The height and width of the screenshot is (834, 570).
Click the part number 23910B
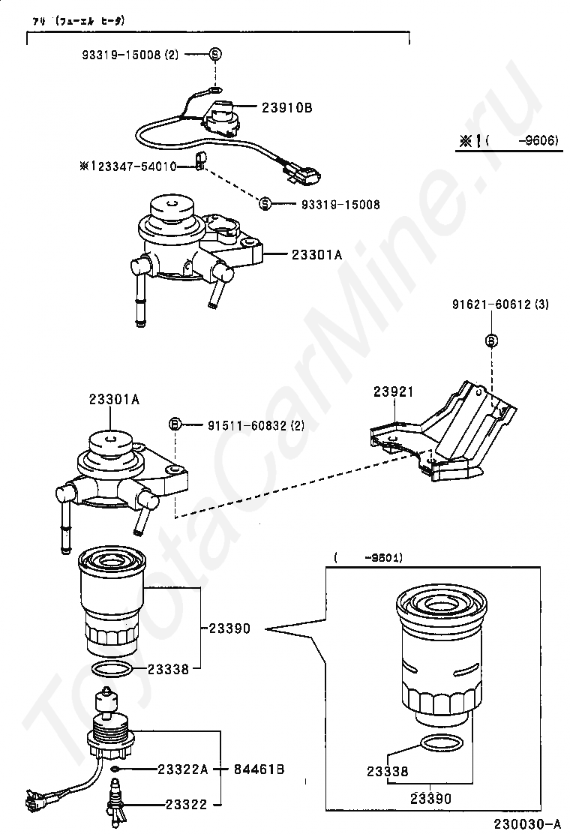286,108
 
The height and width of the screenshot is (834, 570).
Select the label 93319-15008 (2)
130,55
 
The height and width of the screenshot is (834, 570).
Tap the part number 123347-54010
133,166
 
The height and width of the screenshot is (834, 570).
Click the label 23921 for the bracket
394,391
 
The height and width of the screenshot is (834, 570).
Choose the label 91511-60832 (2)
256,425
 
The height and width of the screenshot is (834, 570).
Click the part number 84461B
259,769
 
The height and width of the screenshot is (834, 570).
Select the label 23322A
181,769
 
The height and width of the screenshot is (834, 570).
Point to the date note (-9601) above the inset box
368,558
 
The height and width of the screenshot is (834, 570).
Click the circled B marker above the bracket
492,341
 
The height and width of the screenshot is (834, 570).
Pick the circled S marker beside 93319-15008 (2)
214,54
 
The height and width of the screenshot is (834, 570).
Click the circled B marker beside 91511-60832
175,425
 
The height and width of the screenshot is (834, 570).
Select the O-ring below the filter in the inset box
441,744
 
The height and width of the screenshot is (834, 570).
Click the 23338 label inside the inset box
387,771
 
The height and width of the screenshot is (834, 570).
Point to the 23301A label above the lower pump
115,400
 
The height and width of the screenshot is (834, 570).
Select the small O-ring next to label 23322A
113,769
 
